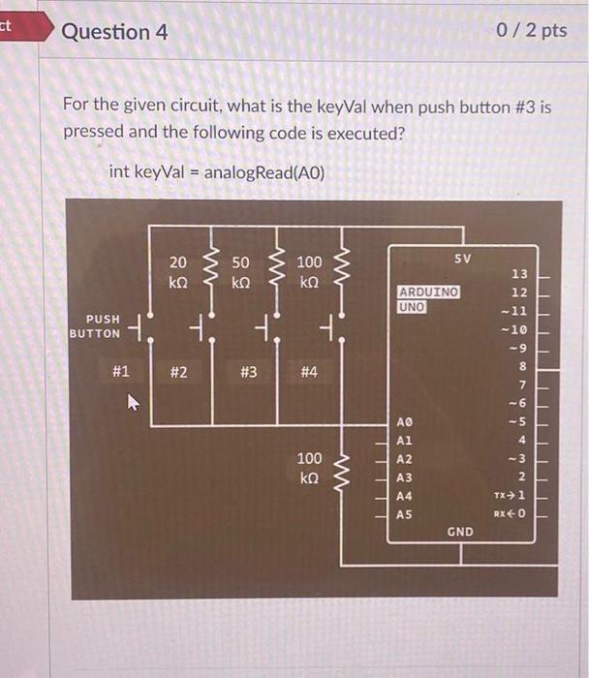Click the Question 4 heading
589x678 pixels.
tap(114, 32)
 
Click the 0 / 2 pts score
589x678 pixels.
tap(531, 31)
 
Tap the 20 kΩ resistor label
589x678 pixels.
tap(178, 271)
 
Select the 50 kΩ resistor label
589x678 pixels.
tap(241, 271)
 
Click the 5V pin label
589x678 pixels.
tap(462, 259)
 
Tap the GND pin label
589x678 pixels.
tap(460, 532)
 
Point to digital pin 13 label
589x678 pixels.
tap(519, 275)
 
